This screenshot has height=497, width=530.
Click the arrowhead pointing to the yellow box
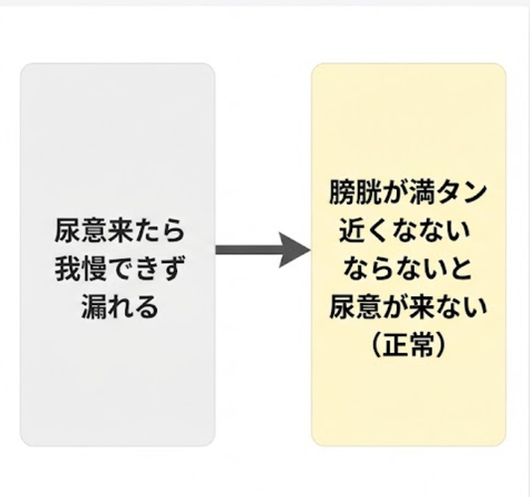click(294, 250)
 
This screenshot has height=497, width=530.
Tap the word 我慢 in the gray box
click(82, 269)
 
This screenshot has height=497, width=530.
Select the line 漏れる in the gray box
click(119, 307)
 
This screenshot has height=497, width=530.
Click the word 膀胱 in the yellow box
click(356, 193)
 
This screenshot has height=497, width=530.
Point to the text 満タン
click(448, 193)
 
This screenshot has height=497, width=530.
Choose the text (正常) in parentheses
click(409, 345)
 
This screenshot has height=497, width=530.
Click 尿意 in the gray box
click(82, 231)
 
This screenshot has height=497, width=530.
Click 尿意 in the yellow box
click(356, 307)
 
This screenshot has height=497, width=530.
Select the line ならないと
click(408, 269)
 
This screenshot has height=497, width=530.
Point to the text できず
click(147, 269)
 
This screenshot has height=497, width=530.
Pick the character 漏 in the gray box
click(93, 307)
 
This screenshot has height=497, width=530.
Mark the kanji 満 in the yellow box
click(423, 193)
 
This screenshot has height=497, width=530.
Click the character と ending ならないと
click(459, 269)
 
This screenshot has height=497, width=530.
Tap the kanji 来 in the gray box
click(120, 231)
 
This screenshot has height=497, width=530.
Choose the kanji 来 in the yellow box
click(423, 307)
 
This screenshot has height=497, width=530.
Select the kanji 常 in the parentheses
click(422, 345)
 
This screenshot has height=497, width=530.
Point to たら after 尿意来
click(159, 231)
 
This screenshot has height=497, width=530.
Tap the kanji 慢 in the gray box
click(94, 269)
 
